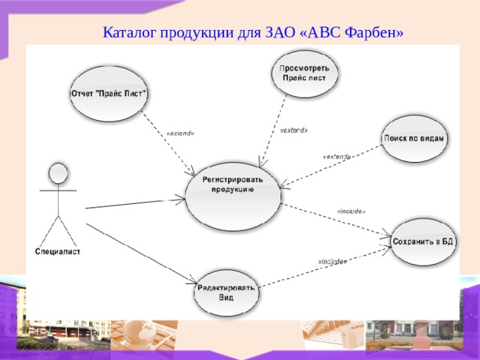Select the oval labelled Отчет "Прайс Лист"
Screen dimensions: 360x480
109,94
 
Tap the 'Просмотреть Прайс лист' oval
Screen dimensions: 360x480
304,73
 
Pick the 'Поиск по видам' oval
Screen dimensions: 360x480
415,139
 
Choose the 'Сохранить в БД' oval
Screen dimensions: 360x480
424,241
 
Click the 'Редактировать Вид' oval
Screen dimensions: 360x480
226,292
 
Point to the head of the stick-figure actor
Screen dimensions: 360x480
58,174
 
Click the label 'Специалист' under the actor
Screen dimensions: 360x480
58,251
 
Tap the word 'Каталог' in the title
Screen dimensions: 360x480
128,33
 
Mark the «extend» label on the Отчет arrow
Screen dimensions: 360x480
180,133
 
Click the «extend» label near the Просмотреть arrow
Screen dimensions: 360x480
293,130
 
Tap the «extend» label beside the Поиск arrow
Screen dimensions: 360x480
336,157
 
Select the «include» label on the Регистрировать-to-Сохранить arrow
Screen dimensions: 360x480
351,211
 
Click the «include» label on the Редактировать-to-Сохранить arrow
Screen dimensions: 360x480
332,262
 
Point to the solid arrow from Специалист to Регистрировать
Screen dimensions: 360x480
135,202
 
